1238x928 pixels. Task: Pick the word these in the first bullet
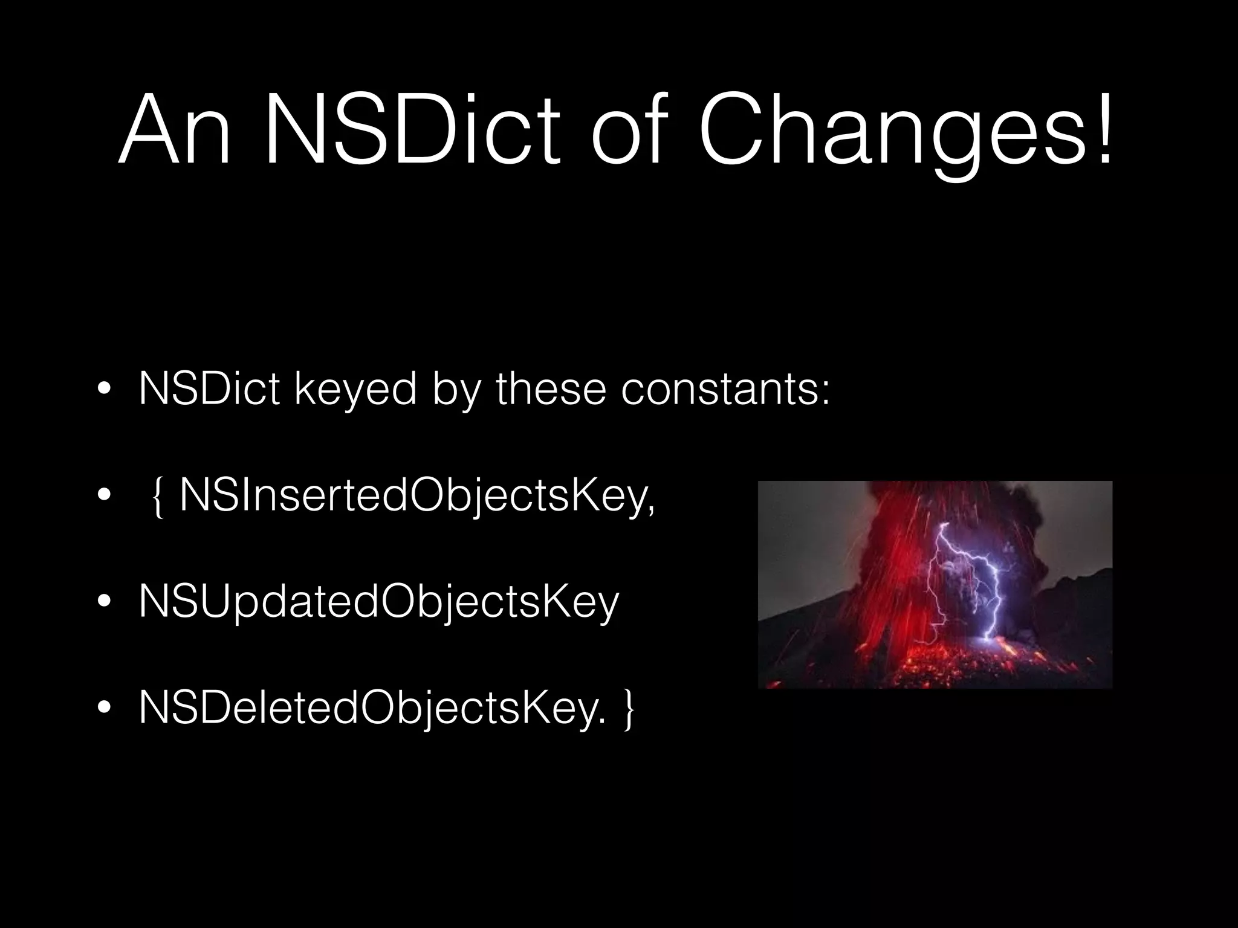click(x=551, y=390)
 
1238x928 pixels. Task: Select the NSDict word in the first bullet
click(x=209, y=390)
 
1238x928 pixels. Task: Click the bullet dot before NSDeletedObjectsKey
click(x=104, y=706)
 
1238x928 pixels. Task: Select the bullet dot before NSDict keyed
click(x=104, y=389)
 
